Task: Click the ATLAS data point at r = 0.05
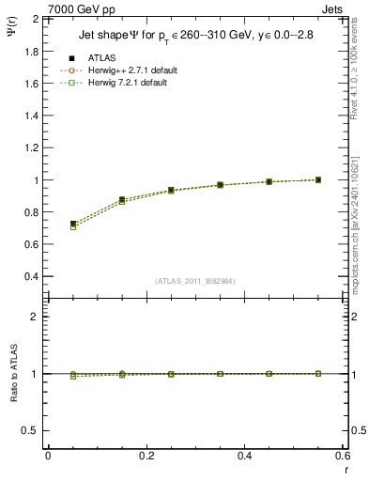point(73,225)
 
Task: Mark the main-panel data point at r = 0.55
point(318,179)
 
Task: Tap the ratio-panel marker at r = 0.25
point(171,374)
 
